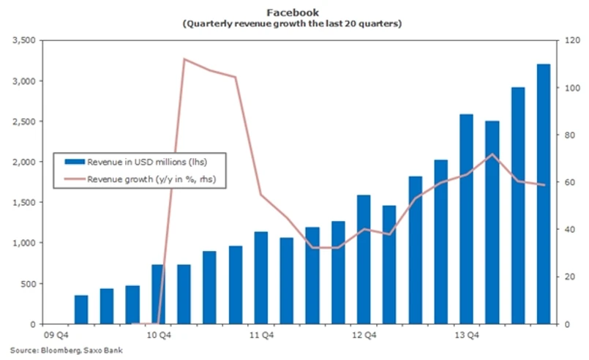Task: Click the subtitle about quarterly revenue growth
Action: coord(293,24)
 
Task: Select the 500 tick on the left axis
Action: coord(28,284)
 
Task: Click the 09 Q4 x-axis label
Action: coord(56,336)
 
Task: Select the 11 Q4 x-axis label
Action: coord(261,336)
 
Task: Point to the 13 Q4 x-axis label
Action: coord(467,336)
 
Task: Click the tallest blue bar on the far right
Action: coord(544,194)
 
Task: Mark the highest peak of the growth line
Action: coord(185,59)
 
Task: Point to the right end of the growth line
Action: coord(544,185)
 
